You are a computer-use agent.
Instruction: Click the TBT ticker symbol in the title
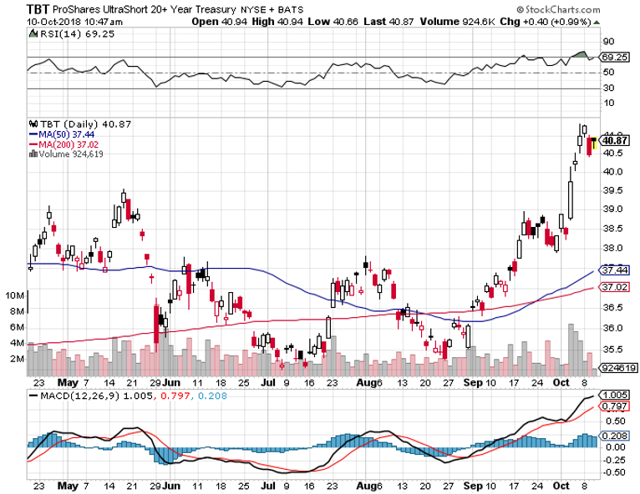[14, 8]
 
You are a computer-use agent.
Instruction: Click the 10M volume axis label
[14, 295]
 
